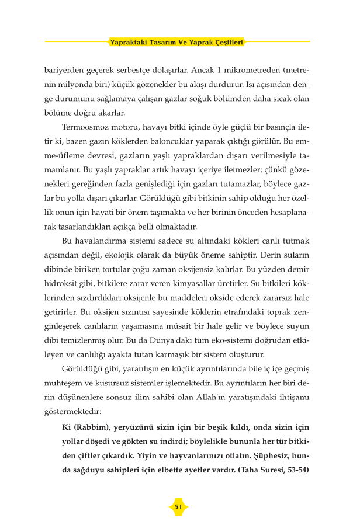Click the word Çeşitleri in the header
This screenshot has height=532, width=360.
pos(226,42)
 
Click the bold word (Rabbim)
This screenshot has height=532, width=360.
pos(91,427)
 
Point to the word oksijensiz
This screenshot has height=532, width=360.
pos(217,268)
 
